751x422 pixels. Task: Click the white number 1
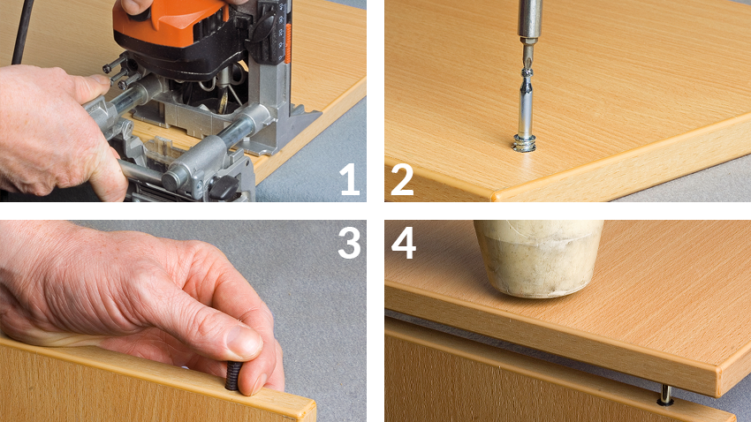tap(351, 179)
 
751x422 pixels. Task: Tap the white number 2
tap(402, 179)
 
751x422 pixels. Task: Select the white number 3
tap(349, 242)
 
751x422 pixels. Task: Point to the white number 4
tap(403, 242)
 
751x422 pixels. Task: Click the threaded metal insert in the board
tap(524, 143)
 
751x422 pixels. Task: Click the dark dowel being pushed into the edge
tap(233, 375)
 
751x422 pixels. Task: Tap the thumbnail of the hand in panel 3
tap(243, 342)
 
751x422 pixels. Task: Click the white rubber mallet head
tap(538, 258)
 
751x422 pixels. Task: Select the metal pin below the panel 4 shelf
tap(665, 394)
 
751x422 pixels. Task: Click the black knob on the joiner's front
tap(225, 188)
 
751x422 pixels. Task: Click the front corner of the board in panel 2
tap(493, 196)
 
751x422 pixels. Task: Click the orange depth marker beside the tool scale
tap(288, 43)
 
